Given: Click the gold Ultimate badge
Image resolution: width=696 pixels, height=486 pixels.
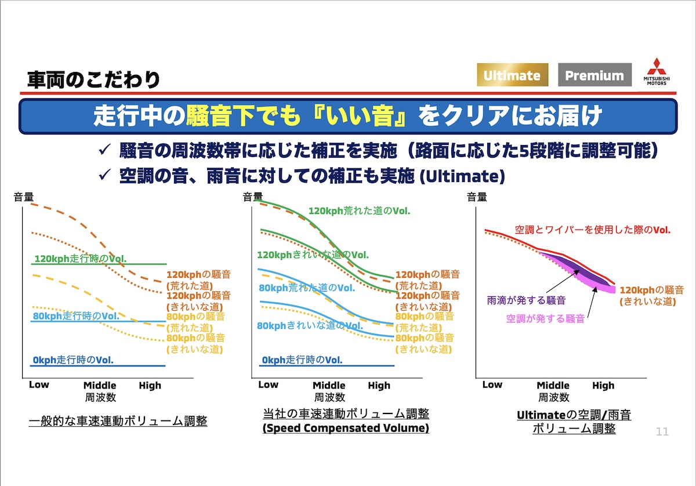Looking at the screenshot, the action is [x=512, y=75].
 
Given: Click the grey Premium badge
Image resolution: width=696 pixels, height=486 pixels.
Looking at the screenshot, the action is [x=594, y=75].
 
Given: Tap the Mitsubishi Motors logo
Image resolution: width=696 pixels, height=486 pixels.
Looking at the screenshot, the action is [x=657, y=72].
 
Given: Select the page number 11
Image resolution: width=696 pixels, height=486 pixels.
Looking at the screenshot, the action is [x=662, y=431].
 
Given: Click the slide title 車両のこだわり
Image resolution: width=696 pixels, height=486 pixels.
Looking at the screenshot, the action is [x=93, y=79].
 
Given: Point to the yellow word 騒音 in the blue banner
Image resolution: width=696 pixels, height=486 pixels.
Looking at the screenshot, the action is [x=209, y=116].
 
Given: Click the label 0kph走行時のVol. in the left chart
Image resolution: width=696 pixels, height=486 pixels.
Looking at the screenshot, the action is [x=73, y=360].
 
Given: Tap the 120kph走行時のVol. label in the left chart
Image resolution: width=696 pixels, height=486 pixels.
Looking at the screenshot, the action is [x=81, y=259].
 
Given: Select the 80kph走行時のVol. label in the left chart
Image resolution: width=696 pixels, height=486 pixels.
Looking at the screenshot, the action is [x=76, y=316].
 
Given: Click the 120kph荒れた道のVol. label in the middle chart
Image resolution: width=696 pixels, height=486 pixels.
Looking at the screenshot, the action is [x=359, y=211].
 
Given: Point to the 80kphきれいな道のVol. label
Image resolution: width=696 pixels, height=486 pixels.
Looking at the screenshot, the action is [x=310, y=326].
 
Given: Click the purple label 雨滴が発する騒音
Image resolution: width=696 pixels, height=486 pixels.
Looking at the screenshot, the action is [x=527, y=300].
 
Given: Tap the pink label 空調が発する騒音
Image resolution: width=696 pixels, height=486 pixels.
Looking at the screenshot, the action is [x=546, y=318].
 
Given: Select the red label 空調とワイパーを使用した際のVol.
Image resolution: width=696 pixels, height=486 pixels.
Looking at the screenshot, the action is [x=593, y=230].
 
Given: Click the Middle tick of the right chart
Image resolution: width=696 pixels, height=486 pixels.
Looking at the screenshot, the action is [x=553, y=385].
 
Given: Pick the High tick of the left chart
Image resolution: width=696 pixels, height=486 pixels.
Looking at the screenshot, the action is [x=150, y=386].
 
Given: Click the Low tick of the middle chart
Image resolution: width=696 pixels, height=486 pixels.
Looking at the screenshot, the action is [x=268, y=385].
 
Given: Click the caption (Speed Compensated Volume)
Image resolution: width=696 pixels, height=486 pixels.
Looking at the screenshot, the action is [x=346, y=428].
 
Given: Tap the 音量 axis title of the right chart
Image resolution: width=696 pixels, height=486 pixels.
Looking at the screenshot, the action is [x=477, y=197].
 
